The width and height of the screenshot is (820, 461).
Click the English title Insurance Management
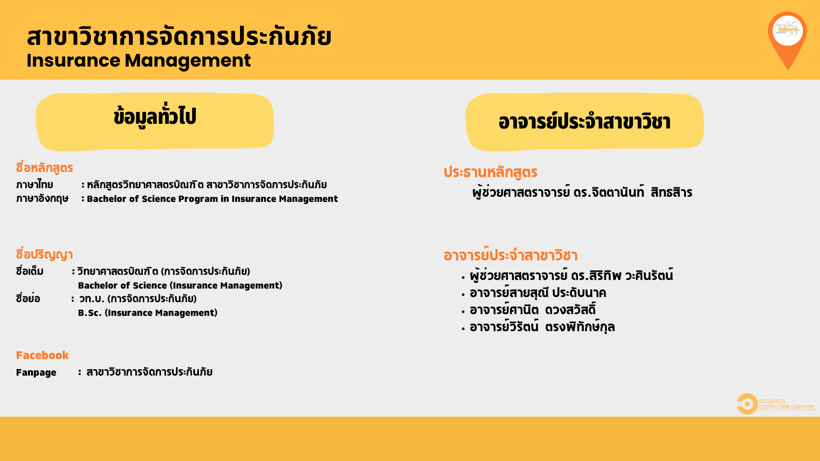coord(138,61)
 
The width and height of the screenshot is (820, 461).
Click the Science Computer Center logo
coord(776,404)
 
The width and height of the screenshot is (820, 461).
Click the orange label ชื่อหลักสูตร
coord(44,168)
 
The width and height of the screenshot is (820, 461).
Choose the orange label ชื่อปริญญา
coord(44,254)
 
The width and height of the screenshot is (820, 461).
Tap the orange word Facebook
coord(42,355)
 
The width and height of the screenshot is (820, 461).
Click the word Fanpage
coord(36,373)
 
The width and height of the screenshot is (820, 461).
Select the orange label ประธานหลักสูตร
coord(490,172)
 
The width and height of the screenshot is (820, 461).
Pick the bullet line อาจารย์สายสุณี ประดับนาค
coord(538,293)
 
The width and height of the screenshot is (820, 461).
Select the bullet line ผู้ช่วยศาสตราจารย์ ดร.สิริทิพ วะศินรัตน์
coord(571,276)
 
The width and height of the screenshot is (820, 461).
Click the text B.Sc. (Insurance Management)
coord(148,313)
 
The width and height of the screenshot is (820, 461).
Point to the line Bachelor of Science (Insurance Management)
coord(180,286)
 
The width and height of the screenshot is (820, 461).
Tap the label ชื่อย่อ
coord(28,298)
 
